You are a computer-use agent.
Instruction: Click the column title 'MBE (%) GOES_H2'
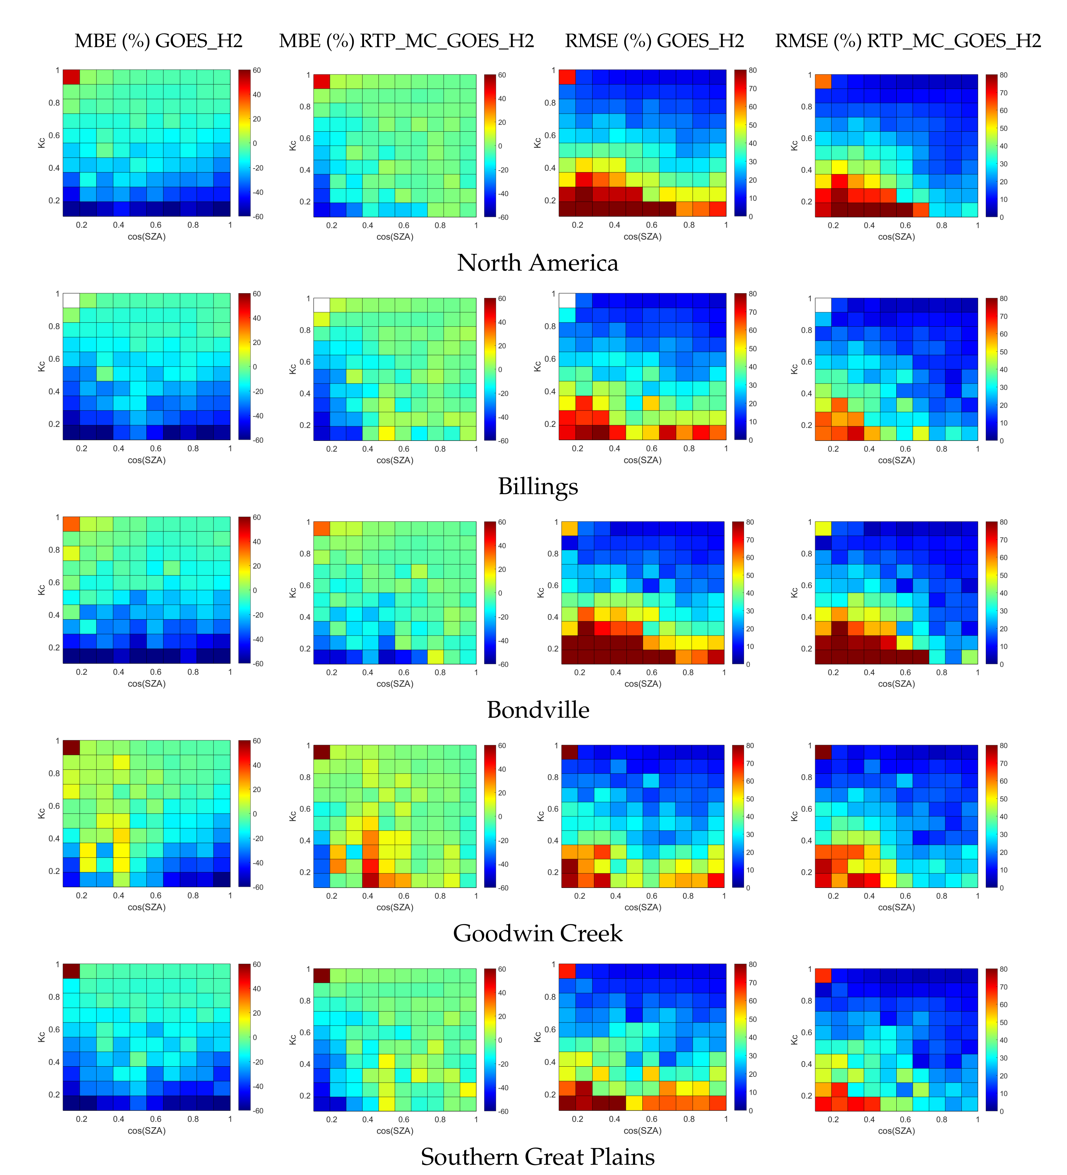[x=158, y=41]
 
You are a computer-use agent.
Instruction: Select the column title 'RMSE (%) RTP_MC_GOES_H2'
[x=907, y=41]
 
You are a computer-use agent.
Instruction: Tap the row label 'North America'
[x=537, y=263]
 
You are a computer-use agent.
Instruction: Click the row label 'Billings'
[x=538, y=486]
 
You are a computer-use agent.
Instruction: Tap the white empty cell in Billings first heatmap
[x=71, y=300]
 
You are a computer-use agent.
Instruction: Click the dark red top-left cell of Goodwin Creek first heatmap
[x=71, y=747]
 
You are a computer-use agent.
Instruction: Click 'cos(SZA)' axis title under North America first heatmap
[x=147, y=237]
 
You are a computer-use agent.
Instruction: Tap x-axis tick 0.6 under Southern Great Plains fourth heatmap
[x=905, y=1119]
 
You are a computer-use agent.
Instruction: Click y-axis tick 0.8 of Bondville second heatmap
[x=305, y=554]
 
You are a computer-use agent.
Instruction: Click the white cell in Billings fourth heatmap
[x=823, y=305]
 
